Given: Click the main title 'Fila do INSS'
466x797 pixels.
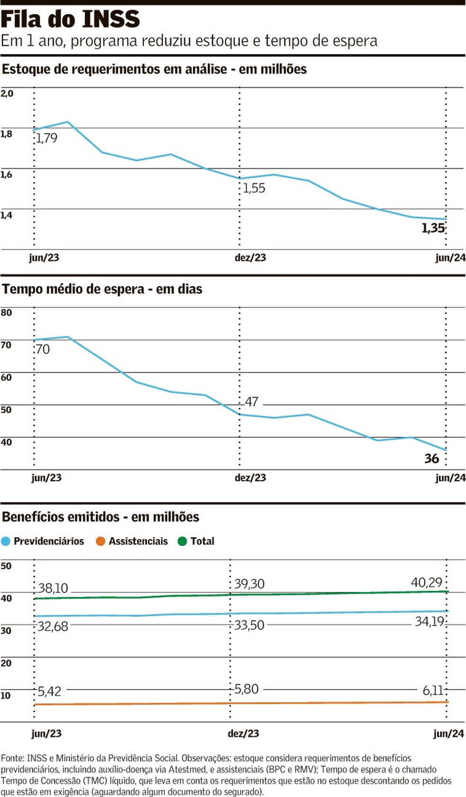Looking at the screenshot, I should pos(70,19).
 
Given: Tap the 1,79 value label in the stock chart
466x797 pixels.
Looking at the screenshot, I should pos(46,138).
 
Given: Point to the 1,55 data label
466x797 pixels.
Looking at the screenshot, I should pos(254,188).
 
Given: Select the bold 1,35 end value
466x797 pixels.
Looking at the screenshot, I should pos(433,229).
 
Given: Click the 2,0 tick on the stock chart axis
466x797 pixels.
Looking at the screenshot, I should pos(7,93).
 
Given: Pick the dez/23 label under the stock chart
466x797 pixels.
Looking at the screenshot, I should pos(250,258).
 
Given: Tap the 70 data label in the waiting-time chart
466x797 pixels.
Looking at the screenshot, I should pos(43,349).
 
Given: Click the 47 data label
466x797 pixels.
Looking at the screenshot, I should pos(251,402).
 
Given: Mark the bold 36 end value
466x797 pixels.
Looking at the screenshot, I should pos(431,458).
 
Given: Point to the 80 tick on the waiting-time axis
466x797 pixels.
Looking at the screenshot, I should pos(7,312).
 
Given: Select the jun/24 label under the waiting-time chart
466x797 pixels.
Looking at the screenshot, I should pos(450,478).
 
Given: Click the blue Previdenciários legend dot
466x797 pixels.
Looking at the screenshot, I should pos(6,541).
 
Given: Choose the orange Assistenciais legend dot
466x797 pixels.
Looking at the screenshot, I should pos(100,541).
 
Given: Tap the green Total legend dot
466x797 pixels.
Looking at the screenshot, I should pos(182,541).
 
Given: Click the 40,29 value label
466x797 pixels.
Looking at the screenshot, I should pos(426,582).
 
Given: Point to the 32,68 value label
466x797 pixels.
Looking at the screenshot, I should pos(53,627).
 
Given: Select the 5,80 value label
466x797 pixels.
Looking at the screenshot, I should pos(247,689).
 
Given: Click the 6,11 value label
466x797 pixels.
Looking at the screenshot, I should pos(433,691).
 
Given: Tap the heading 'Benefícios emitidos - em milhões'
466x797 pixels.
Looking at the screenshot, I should pos(100,517).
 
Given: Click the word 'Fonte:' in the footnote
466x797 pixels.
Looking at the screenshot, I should pos(13,758).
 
